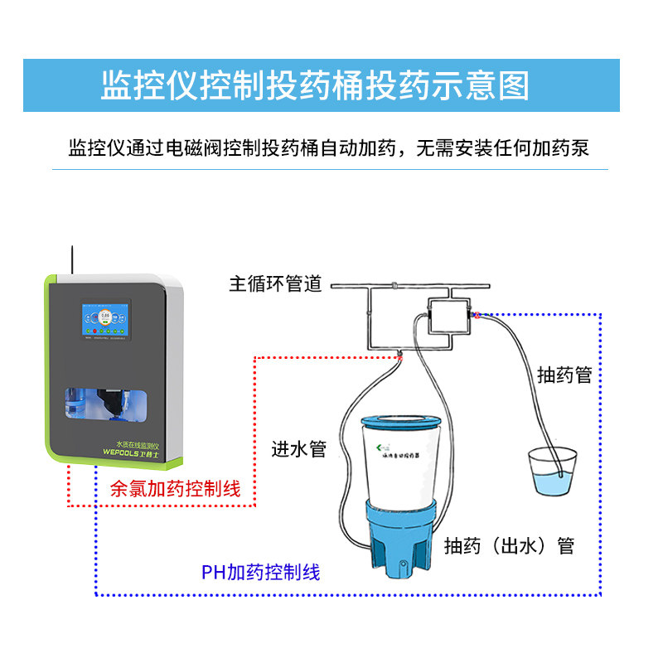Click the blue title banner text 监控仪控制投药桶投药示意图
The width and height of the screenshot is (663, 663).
pos(314,86)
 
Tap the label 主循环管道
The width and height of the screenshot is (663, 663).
pos(275,284)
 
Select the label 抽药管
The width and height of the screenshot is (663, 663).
pos(564,375)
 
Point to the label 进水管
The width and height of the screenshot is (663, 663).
pos(299,449)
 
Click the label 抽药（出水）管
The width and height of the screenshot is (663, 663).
pos(510,546)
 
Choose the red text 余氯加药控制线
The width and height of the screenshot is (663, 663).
pos(176,489)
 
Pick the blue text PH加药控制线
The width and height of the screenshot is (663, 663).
pos(260,572)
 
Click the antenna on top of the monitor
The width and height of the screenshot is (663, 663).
pos(72,259)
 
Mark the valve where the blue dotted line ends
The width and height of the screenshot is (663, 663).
pos(478,314)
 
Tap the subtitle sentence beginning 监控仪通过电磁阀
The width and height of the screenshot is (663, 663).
pos(329,148)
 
